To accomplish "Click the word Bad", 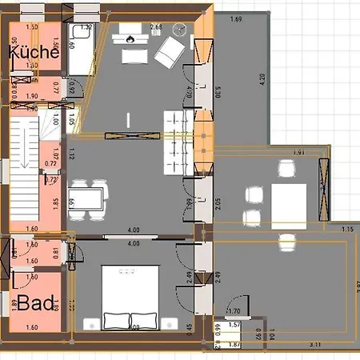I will point(35,303).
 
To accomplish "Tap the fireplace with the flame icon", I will point(130,36).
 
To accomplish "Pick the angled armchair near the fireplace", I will point(168,54).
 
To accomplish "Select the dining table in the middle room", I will point(88,197).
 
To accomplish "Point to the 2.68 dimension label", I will point(156,27).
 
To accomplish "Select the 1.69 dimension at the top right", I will point(235,19).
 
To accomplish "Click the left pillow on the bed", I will point(115,320).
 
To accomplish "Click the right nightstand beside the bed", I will point(168,322).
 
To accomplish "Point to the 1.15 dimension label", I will point(346,230).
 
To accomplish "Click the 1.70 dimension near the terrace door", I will point(234,310).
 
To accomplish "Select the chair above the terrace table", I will point(286,170).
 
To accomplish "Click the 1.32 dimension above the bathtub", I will point(87,27).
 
